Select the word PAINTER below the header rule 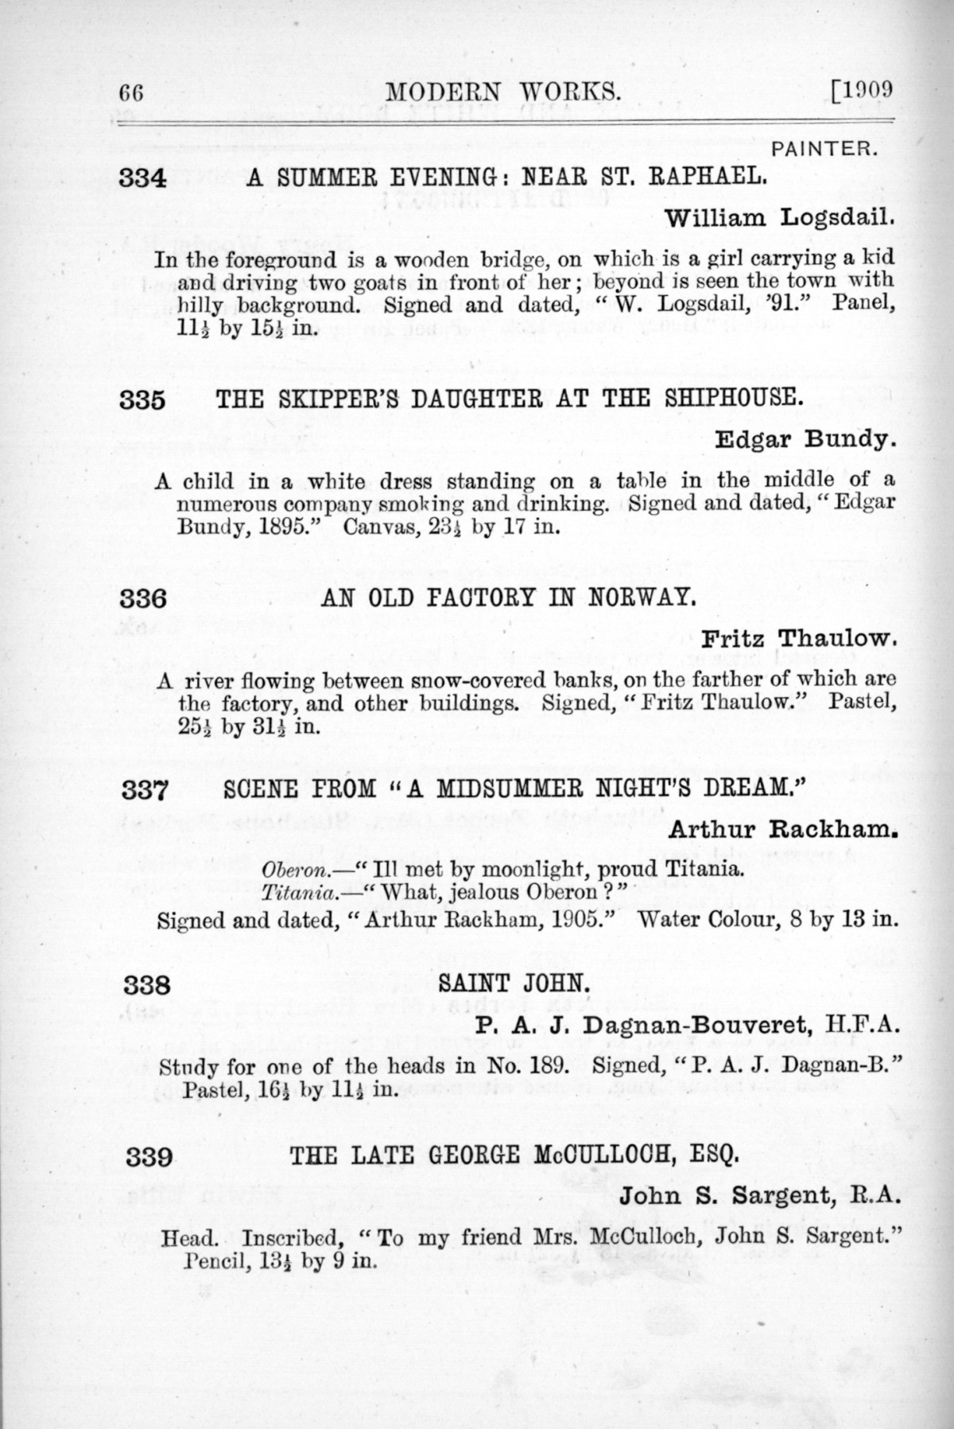(824, 149)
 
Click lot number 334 (142, 179)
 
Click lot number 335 (142, 399)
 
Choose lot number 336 (143, 598)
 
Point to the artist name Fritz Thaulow (799, 638)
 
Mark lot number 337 (144, 791)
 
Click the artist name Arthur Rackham (782, 830)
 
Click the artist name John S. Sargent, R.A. (759, 1196)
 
